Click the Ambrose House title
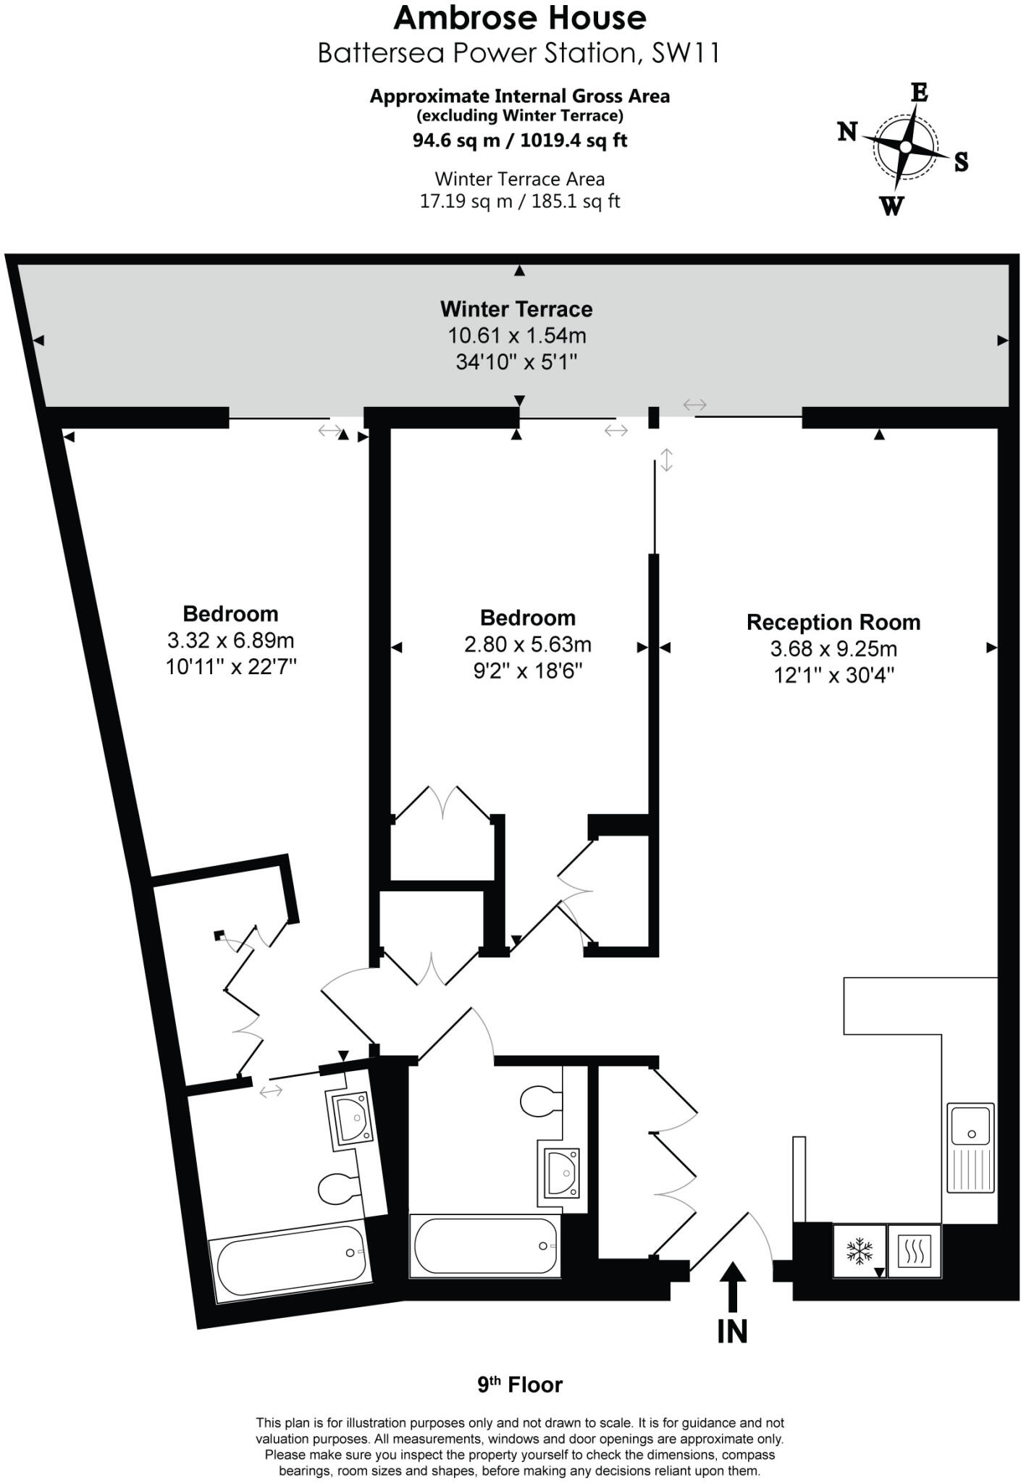pyautogui.click(x=519, y=18)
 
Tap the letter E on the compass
pyautogui.click(x=918, y=93)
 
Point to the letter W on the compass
pyautogui.click(x=892, y=206)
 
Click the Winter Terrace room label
pyautogui.click(x=516, y=309)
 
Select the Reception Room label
pyautogui.click(x=833, y=622)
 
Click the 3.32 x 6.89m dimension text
pyautogui.click(x=230, y=640)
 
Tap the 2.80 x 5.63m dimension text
pyautogui.click(x=527, y=644)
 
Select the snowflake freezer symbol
pyautogui.click(x=860, y=1251)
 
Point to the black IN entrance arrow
pyautogui.click(x=732, y=1287)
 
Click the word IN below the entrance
pyautogui.click(x=732, y=1331)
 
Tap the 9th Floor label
pyautogui.click(x=519, y=1385)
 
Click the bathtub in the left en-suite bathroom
pyautogui.click(x=288, y=1261)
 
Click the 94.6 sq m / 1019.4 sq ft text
pyautogui.click(x=519, y=140)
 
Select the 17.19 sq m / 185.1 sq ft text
pyautogui.click(x=519, y=201)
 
